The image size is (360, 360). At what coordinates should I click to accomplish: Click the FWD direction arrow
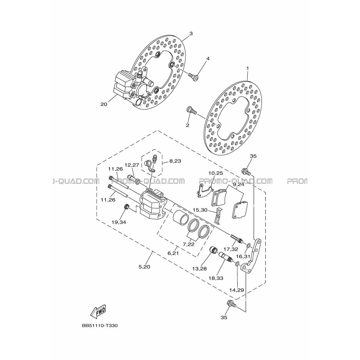[99, 311]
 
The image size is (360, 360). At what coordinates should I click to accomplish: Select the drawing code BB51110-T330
[100, 325]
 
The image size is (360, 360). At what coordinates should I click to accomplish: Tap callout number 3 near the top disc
[191, 33]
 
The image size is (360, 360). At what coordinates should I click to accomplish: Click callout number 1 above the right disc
[208, 58]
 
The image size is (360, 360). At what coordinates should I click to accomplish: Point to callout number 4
[208, 58]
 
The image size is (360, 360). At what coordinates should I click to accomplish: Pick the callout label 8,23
[175, 161]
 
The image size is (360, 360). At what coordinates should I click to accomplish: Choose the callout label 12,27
[132, 165]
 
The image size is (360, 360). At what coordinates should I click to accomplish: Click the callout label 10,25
[216, 173]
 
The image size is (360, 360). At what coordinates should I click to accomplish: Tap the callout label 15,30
[200, 210]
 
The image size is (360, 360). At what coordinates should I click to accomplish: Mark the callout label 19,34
[119, 222]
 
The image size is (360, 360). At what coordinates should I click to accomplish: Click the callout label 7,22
[188, 244]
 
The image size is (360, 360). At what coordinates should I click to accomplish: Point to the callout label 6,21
[173, 253]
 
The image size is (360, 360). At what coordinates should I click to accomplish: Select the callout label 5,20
[144, 267]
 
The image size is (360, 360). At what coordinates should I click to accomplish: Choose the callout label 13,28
[200, 268]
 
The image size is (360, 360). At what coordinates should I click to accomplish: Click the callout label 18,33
[216, 278]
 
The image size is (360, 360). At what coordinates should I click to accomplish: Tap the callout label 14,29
[237, 290]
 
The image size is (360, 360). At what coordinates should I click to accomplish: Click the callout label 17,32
[231, 249]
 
